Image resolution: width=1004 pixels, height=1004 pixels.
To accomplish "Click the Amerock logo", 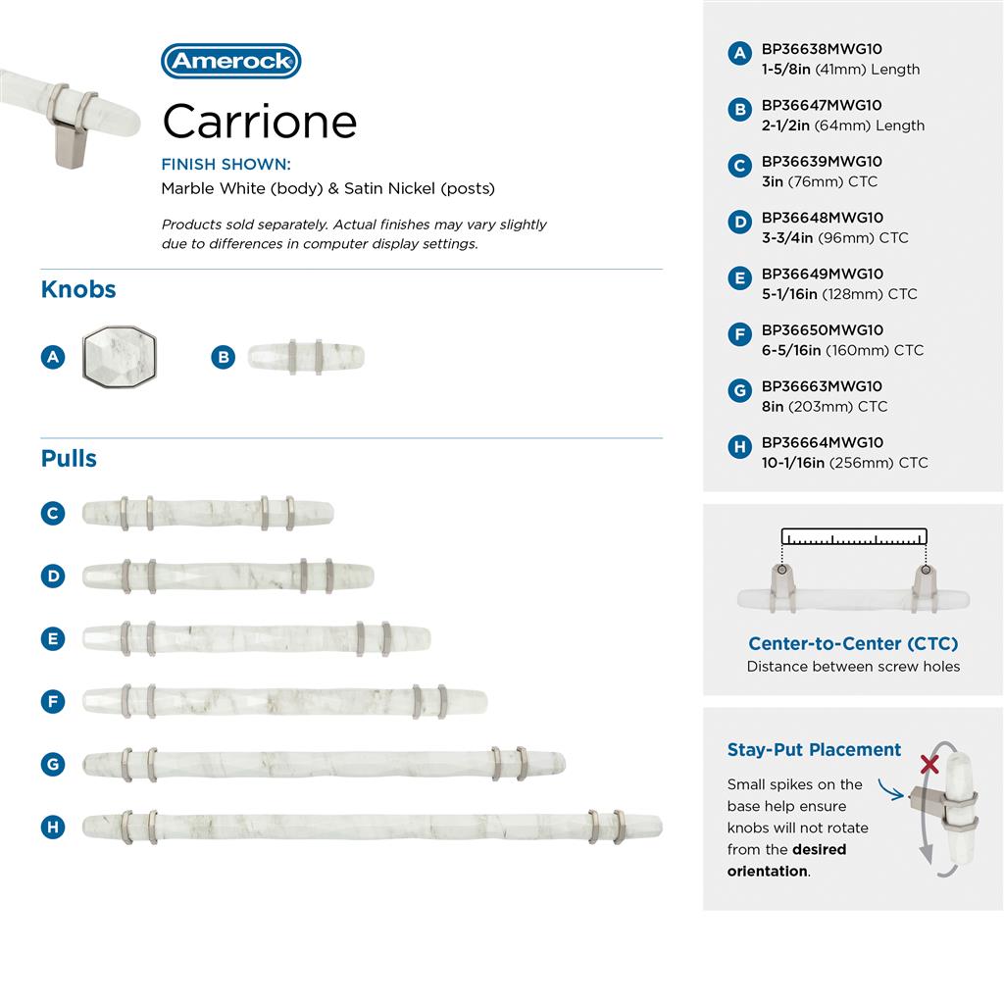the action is pyautogui.click(x=231, y=61).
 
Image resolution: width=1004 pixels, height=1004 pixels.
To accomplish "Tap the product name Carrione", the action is pyautogui.click(x=259, y=121).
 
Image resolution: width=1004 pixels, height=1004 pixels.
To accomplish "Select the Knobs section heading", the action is pyautogui.click(x=78, y=289).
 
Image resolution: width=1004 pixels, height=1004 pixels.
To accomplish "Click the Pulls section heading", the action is pyautogui.click(x=69, y=459).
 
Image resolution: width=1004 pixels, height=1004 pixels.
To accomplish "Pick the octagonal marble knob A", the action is pyautogui.click(x=120, y=357).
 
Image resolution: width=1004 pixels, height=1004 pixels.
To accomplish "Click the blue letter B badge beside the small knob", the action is pyautogui.click(x=223, y=357).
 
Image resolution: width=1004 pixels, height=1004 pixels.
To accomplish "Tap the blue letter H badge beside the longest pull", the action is pyautogui.click(x=53, y=827).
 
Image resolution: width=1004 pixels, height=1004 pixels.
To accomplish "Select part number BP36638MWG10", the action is pyautogui.click(x=822, y=49).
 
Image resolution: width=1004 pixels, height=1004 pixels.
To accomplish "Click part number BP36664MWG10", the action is pyautogui.click(x=823, y=442).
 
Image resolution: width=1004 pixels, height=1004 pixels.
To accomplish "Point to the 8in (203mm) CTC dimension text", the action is pyautogui.click(x=825, y=407).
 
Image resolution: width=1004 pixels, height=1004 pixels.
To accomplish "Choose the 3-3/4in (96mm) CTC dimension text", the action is pyautogui.click(x=835, y=238).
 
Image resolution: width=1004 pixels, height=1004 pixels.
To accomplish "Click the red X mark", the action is pyautogui.click(x=929, y=764).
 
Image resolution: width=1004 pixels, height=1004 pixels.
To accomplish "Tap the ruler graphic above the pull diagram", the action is pyautogui.click(x=854, y=536).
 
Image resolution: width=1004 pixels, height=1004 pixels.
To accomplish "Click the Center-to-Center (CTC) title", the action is pyautogui.click(x=853, y=643).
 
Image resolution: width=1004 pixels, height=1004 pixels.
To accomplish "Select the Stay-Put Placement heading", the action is pyautogui.click(x=814, y=750).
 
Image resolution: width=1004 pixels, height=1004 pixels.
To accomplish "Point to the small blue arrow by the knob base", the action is pyautogui.click(x=890, y=790).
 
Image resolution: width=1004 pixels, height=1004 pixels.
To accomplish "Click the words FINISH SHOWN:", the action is pyautogui.click(x=226, y=165).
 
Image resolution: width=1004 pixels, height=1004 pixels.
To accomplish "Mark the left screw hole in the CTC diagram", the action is pyautogui.click(x=781, y=570).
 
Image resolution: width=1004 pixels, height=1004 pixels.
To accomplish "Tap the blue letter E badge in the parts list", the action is pyautogui.click(x=739, y=278).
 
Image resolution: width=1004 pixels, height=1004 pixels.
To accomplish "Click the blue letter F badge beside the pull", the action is pyautogui.click(x=53, y=701).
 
